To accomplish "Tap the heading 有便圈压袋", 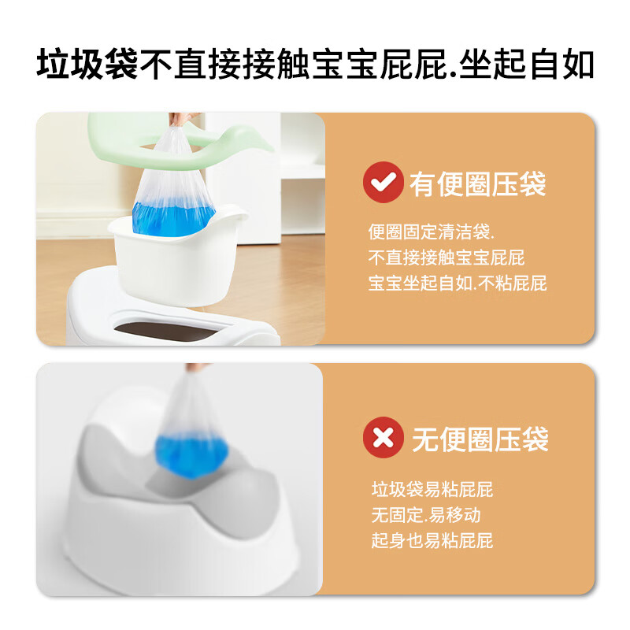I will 477,184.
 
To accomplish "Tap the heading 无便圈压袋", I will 480,438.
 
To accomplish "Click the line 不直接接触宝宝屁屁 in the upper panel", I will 447,258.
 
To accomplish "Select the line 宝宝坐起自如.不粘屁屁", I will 458,283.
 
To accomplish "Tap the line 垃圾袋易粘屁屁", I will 432,490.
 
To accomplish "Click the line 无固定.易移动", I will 426,515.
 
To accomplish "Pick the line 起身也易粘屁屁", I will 432,541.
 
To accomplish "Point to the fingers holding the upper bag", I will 183,119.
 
